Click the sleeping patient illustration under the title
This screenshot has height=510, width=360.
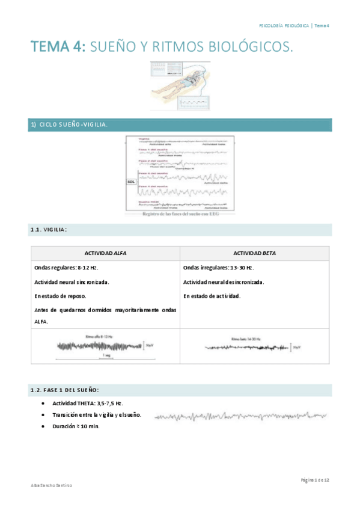180,85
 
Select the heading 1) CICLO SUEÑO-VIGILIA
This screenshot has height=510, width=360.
69,124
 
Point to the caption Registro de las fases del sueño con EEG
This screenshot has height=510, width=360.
180,214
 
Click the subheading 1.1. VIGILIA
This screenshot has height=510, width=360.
49,230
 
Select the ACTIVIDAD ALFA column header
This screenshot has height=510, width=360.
105,253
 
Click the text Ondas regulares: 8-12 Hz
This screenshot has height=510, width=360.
66,268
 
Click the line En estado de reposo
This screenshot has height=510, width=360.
60,296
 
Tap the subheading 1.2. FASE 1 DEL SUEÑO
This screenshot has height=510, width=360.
65,390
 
